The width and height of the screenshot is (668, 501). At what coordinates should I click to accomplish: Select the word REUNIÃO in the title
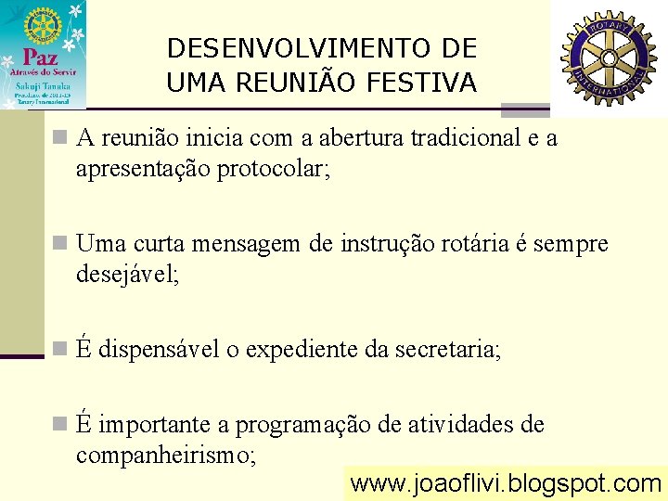pos(289,83)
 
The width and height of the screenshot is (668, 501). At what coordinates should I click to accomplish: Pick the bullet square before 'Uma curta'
pos(60,244)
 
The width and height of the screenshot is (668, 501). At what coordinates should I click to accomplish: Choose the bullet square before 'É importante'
pos(60,424)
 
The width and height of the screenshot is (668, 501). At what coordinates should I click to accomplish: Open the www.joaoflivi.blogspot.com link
pos(506,483)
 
